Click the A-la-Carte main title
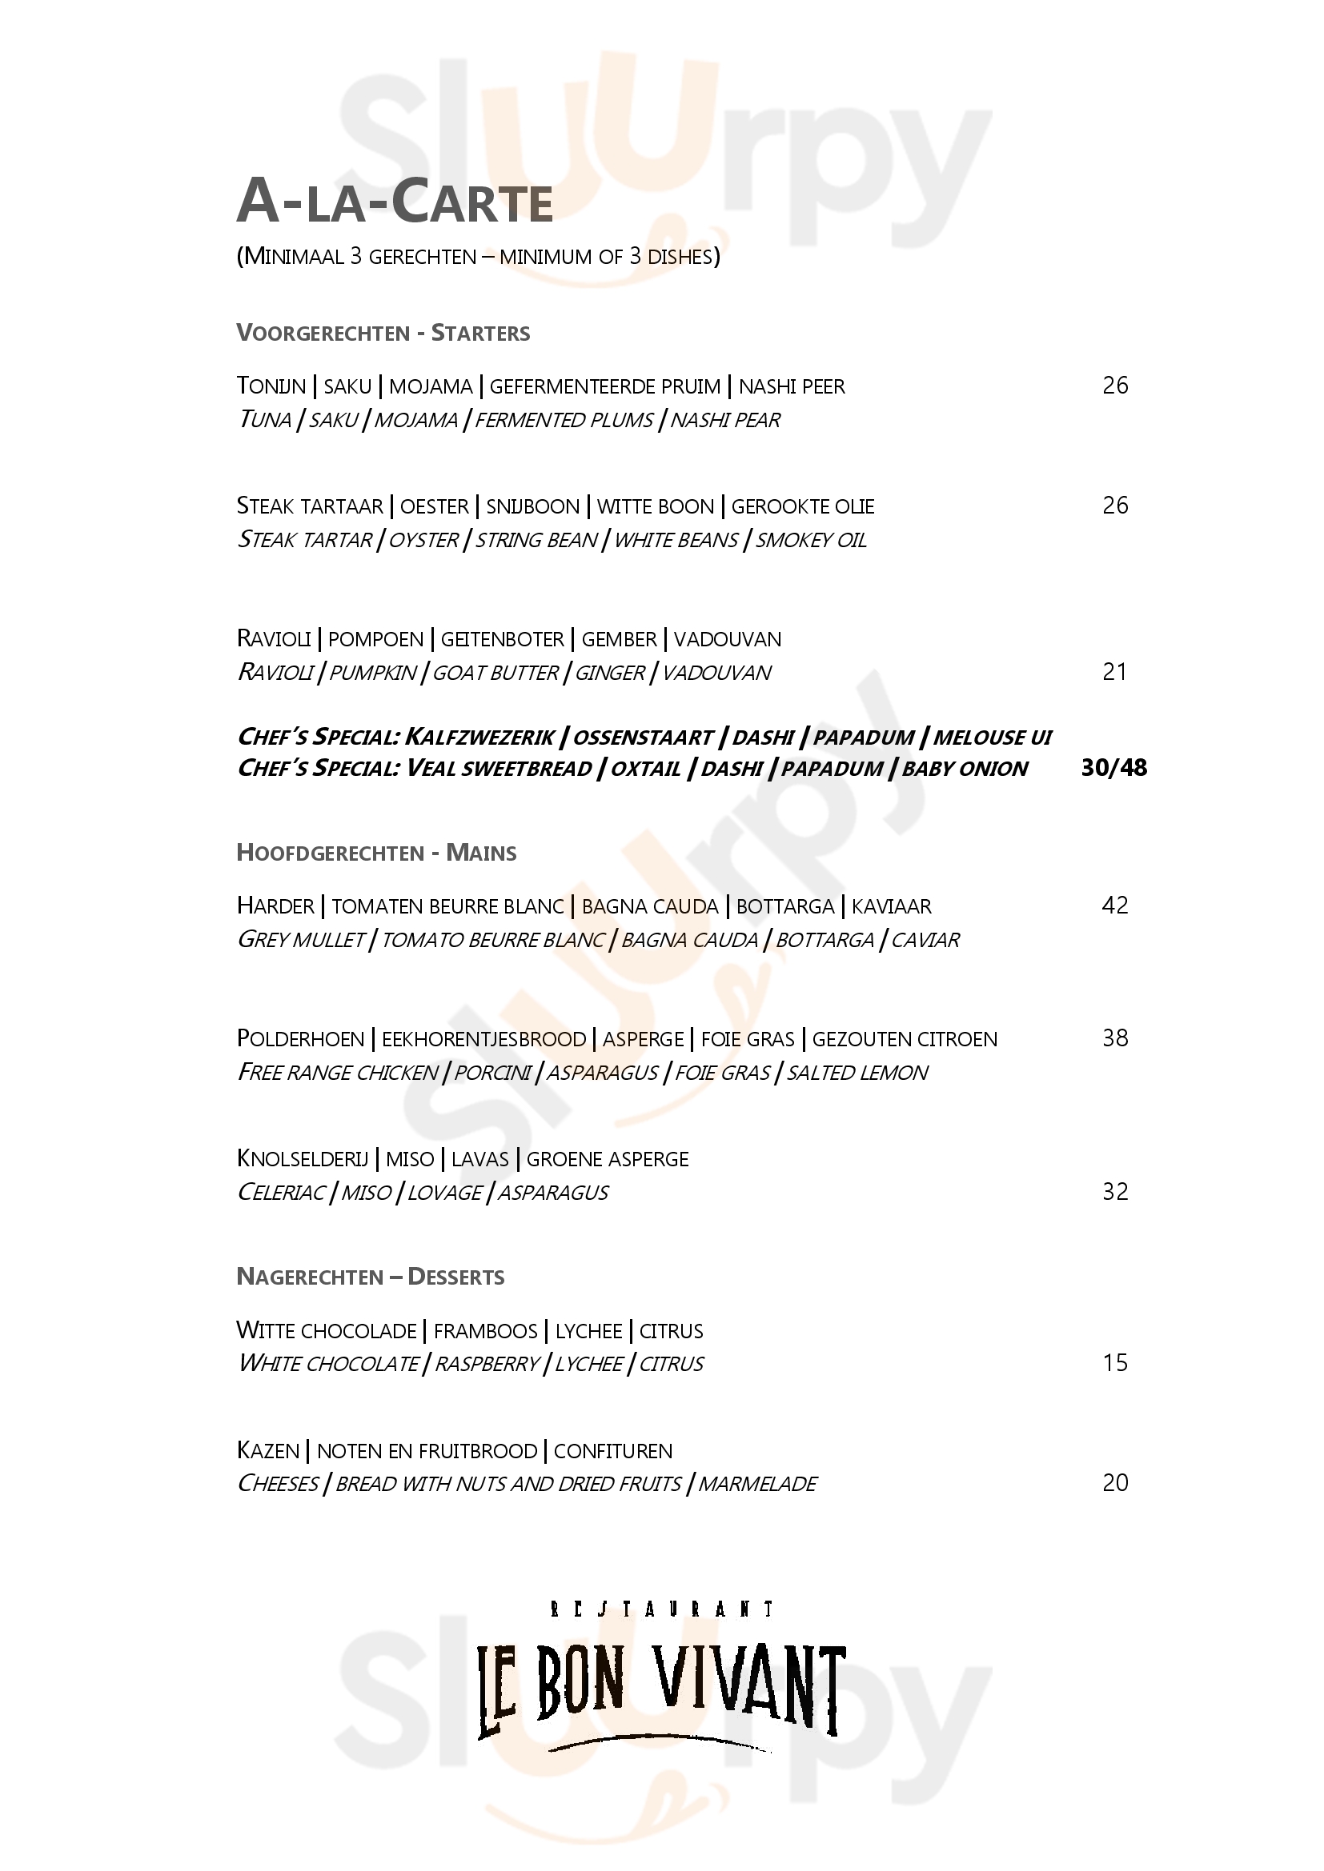[x=395, y=202]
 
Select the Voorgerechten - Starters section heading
[x=383, y=334]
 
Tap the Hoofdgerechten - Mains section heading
[x=376, y=854]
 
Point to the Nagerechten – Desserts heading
[x=370, y=1277]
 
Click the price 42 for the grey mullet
[x=1114, y=906]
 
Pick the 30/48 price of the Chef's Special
[x=1113, y=768]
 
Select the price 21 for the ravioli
[x=1113, y=671]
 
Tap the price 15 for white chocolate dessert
[x=1114, y=1362]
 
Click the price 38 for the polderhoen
[x=1114, y=1038]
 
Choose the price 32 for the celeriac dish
[x=1114, y=1191]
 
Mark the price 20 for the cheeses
[x=1114, y=1482]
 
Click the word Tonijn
[x=271, y=386]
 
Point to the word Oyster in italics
[x=423, y=540]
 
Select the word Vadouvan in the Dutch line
[x=727, y=640]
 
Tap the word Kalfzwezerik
[x=479, y=738]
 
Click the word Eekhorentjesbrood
[x=483, y=1040]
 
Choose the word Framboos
[x=485, y=1332]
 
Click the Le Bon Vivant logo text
[x=661, y=1690]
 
